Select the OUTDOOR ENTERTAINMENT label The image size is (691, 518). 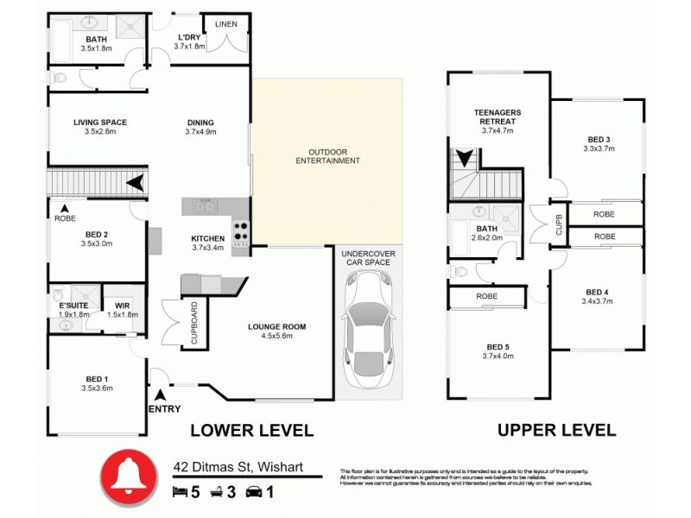click(x=327, y=156)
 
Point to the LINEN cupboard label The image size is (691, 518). click(x=226, y=23)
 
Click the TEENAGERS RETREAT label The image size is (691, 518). click(x=497, y=117)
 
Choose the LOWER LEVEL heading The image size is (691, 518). click(x=251, y=430)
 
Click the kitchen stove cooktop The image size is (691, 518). click(x=240, y=234)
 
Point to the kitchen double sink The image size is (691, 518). click(x=206, y=205)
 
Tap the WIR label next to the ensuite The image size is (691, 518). click(x=121, y=305)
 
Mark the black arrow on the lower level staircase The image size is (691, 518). click(x=135, y=183)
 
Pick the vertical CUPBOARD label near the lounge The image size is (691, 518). click(x=194, y=323)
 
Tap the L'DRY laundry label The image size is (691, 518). click(x=189, y=37)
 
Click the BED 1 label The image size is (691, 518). click(x=97, y=379)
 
